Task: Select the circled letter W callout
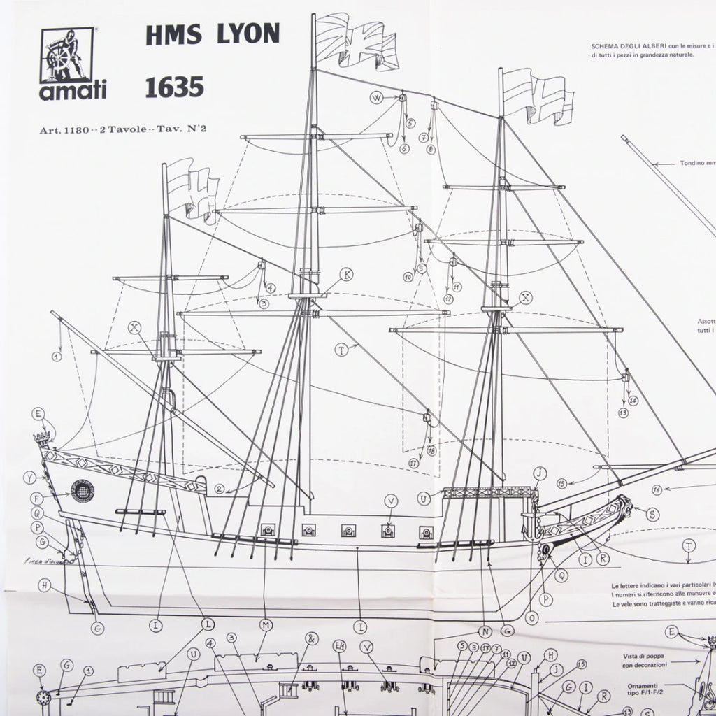click(x=375, y=98)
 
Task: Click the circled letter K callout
click(x=348, y=275)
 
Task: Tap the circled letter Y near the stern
click(x=29, y=478)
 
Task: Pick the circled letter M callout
click(x=265, y=624)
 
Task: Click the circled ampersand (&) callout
click(x=312, y=638)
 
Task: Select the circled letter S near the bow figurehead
click(x=652, y=515)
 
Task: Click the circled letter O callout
click(x=532, y=617)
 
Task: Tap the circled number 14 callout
click(x=633, y=401)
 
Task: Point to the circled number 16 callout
click(x=657, y=489)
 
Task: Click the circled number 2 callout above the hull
click(x=220, y=489)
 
